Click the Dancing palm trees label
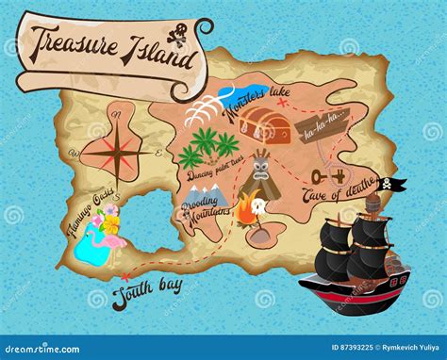click(x=216, y=172)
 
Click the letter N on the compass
click(x=117, y=116)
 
